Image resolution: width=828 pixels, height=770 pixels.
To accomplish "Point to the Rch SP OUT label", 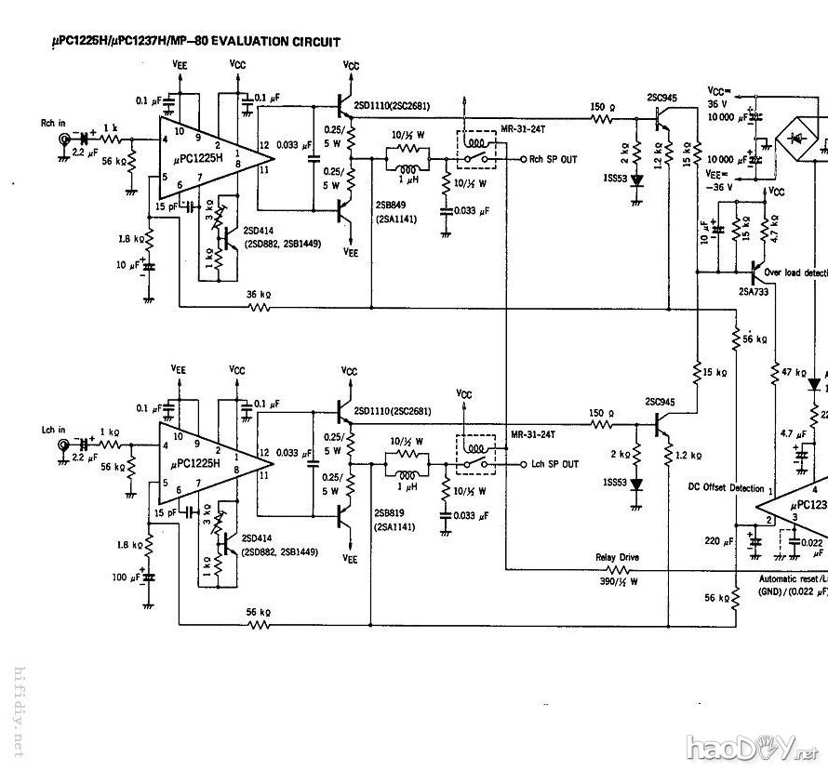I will coord(554,160).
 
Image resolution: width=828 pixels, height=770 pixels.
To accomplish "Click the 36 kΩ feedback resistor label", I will coord(258,296).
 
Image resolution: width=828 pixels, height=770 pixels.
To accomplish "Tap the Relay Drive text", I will coord(618,558).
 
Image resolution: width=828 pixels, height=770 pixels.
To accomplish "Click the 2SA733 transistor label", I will coord(753,291).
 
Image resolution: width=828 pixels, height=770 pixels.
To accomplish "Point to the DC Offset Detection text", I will coord(725,487).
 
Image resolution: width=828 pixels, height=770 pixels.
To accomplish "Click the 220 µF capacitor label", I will coord(719,539).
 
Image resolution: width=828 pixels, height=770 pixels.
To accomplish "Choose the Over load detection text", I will coord(795,273).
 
